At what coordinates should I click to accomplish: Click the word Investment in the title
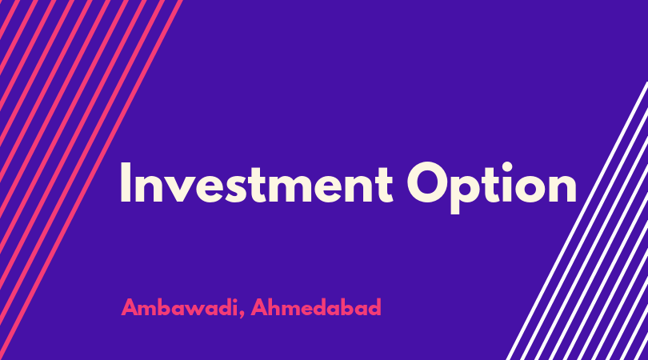pos(256,182)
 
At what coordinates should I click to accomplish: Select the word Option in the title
pos(492,188)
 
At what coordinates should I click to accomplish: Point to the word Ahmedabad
pos(316,307)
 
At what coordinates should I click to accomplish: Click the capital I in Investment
pos(126,182)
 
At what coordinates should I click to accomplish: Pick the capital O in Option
pos(427,182)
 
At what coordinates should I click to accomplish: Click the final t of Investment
pos(386,184)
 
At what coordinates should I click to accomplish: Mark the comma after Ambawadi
pos(241,315)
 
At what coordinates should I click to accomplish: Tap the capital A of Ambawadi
pos(130,307)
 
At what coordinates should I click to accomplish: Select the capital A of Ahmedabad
pos(259,307)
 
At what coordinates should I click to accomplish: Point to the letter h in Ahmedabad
pos(276,307)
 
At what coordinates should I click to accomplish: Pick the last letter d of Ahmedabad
pos(374,307)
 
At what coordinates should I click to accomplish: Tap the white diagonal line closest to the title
pos(577,221)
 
